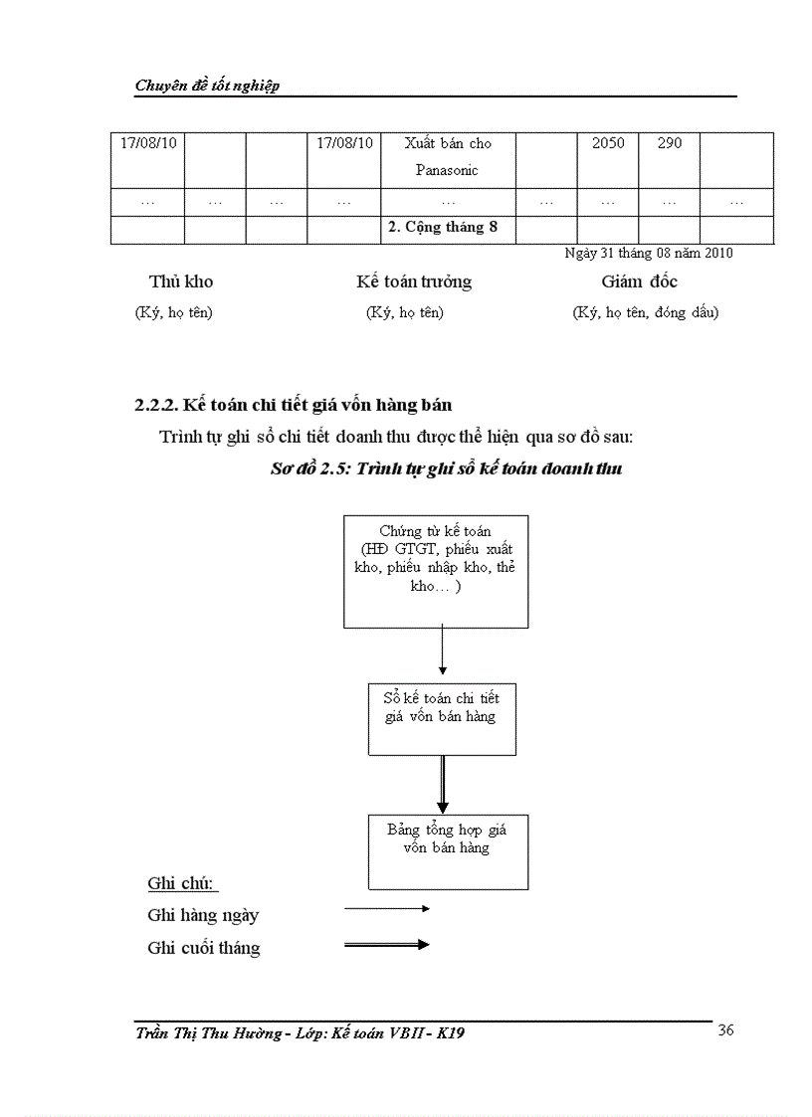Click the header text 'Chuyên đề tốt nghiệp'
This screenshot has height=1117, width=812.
207,86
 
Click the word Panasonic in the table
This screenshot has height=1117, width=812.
447,170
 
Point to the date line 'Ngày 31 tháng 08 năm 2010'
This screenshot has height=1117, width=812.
648,253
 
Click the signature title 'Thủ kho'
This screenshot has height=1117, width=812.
181,281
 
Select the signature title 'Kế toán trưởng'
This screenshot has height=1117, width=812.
413,281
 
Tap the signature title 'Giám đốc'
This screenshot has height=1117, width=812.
639,281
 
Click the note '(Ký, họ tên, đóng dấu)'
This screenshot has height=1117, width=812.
645,312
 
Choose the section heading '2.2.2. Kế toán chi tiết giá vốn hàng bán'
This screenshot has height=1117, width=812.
294,405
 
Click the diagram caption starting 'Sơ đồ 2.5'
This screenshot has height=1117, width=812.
447,468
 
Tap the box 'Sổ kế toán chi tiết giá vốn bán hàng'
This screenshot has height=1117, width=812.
442,718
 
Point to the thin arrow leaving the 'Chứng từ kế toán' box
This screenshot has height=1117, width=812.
442,653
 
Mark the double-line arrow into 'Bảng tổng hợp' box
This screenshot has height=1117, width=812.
442,785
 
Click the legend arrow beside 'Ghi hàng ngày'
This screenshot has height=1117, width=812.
386,908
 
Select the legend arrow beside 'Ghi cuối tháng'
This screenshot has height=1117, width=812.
386,944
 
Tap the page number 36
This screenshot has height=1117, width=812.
725,1030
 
